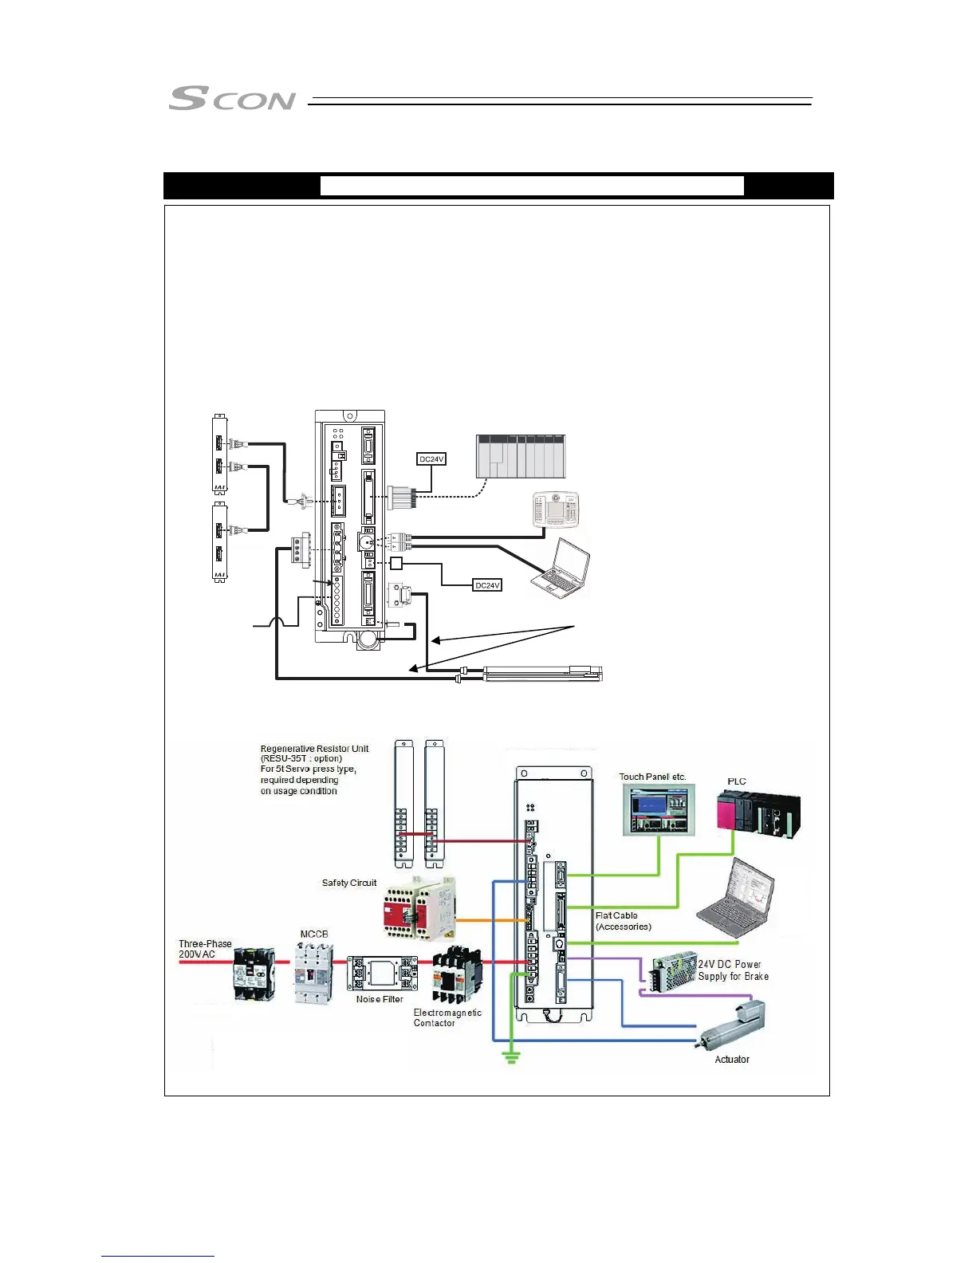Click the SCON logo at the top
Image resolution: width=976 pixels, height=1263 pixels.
pos(232,99)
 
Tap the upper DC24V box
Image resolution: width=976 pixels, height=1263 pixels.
pos(431,459)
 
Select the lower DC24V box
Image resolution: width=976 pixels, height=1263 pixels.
pos(487,585)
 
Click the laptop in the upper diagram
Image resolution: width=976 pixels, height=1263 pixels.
pos(565,569)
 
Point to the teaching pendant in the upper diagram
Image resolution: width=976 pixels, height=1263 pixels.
pos(556,510)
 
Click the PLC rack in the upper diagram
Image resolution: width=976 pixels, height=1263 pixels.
pos(521,456)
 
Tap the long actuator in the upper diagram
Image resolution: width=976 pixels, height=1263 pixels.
pos(542,674)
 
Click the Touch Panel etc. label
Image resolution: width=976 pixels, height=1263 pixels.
pos(652,777)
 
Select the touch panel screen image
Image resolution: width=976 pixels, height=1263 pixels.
pos(659,810)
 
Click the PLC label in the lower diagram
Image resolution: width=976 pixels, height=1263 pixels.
pos(737,781)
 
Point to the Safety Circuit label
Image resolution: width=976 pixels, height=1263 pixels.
pos(349,883)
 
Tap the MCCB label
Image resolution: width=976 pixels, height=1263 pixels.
pos(314,934)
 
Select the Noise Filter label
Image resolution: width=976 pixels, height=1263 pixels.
pos(380,999)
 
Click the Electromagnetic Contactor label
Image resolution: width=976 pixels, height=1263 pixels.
pos(447,1017)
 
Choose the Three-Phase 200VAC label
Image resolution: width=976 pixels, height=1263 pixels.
pos(205,949)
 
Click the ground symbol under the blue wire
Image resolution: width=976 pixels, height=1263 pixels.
pos(512,1058)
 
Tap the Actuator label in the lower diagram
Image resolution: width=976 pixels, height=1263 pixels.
pos(732,1060)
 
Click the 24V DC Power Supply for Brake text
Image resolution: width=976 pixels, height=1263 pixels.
pos(734,970)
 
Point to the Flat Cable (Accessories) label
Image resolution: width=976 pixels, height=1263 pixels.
pos(624,921)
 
